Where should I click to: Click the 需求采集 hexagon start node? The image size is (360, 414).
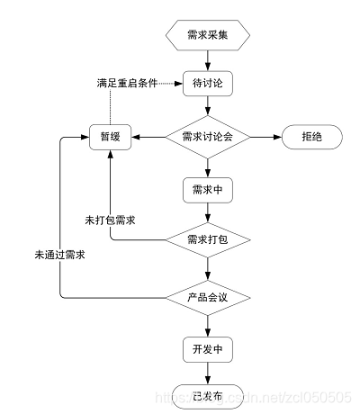click(209, 35)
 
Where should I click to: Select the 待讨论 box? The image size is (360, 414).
click(209, 84)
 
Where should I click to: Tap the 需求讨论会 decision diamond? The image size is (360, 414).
click(209, 137)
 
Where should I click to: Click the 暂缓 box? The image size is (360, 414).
click(111, 137)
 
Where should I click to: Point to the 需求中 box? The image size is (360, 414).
click(209, 190)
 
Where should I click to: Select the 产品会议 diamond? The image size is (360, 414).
click(209, 296)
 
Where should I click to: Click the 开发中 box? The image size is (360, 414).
click(209, 347)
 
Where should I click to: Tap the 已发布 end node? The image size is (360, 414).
click(209, 394)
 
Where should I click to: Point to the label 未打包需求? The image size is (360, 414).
click(110, 220)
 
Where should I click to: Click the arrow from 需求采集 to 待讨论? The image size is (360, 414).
click(209, 59)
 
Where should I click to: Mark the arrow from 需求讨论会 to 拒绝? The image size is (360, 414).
click(264, 137)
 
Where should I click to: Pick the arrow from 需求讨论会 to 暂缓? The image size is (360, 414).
click(148, 137)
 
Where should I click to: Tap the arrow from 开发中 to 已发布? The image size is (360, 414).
click(209, 372)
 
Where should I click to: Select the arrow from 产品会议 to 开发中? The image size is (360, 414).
click(209, 322)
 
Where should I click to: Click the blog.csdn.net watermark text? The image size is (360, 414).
click(270, 396)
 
